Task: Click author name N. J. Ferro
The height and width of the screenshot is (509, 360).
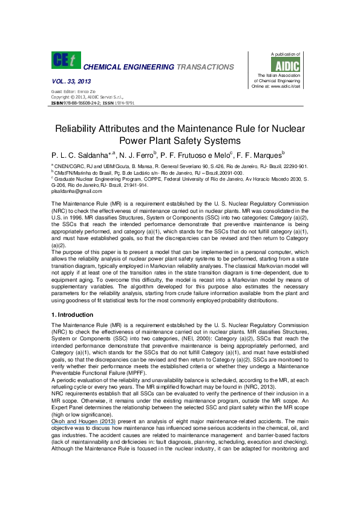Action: (x=136, y=155)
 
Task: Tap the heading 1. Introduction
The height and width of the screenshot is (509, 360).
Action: (x=72, y=315)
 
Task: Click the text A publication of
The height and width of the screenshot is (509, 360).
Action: (x=284, y=54)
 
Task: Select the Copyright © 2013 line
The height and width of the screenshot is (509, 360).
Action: (x=79, y=97)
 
